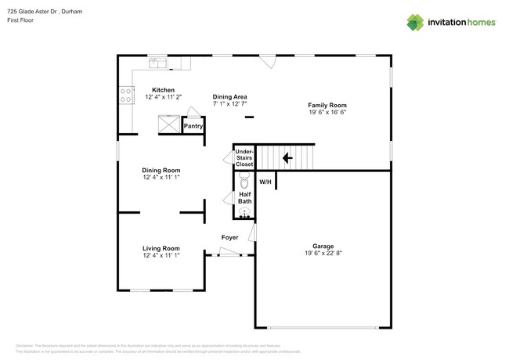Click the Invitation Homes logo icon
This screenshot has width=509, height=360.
[416, 22]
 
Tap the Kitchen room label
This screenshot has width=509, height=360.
[163, 90]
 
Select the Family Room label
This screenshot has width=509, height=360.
[327, 105]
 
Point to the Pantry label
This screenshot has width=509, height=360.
[193, 125]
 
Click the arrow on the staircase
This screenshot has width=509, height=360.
[287, 158]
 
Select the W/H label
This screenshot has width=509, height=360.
[265, 182]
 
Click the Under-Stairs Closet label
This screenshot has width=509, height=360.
[244, 158]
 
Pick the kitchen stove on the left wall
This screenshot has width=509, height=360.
[125, 95]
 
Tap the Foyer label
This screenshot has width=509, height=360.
[229, 237]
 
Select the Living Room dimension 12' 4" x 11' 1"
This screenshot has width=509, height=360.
[161, 256]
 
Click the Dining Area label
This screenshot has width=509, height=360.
[229, 96]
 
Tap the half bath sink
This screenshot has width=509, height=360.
[244, 212]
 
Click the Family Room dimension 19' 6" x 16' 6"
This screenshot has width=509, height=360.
[327, 112]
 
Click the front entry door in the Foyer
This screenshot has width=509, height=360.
[229, 252]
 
